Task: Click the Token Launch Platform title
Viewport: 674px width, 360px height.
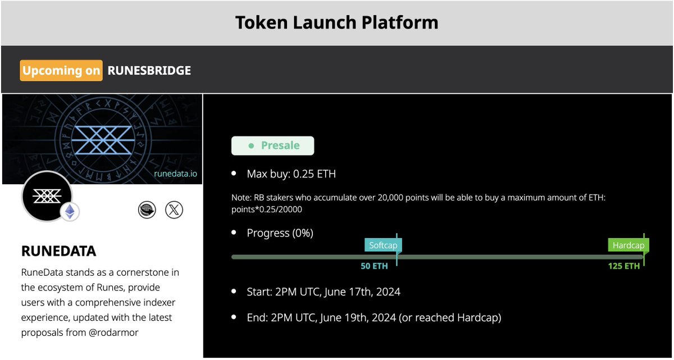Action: [x=336, y=22]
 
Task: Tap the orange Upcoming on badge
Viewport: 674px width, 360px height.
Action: [x=61, y=71]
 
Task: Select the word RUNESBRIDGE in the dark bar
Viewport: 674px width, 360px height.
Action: [x=149, y=71]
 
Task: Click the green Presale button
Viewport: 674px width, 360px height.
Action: [x=273, y=145]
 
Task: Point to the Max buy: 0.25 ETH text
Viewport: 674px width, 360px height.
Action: [x=291, y=174]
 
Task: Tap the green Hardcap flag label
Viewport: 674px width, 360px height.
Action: [x=628, y=245]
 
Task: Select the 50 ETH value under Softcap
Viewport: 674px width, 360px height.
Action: [x=374, y=266]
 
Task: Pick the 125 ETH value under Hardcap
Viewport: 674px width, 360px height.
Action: [x=623, y=266]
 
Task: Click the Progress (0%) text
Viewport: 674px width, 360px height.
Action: [x=280, y=233]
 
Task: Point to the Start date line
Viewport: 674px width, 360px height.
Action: [x=324, y=292]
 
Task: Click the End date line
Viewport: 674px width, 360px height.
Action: [x=374, y=318]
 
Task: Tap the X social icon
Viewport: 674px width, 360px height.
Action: [x=174, y=210]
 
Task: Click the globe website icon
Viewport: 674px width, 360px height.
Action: [x=147, y=210]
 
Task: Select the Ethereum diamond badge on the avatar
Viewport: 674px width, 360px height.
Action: [x=70, y=212]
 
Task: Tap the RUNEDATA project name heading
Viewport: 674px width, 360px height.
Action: [x=58, y=251]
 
